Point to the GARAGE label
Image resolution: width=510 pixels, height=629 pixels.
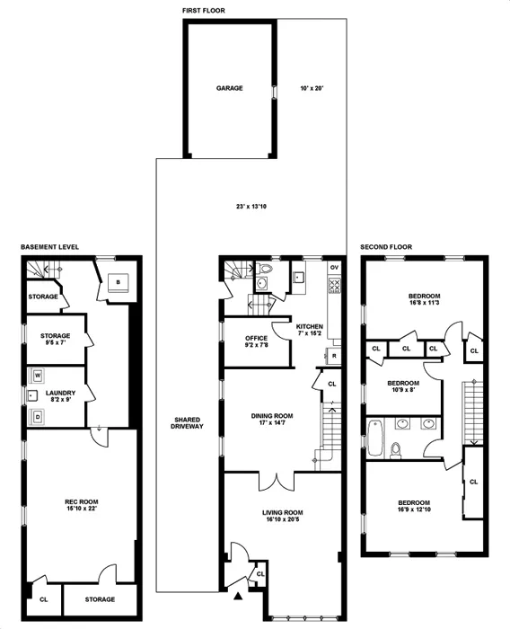230,89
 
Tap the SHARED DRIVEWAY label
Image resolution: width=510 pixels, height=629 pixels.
187,422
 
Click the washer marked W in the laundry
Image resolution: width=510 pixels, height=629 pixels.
38,376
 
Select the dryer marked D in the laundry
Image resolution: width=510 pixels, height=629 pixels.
38,415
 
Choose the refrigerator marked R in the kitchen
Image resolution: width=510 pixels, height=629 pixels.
333,356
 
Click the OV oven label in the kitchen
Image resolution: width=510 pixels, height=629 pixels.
333,268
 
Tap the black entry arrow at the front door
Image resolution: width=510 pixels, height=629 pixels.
238,595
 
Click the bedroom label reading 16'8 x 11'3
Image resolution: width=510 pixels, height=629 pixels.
424,300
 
